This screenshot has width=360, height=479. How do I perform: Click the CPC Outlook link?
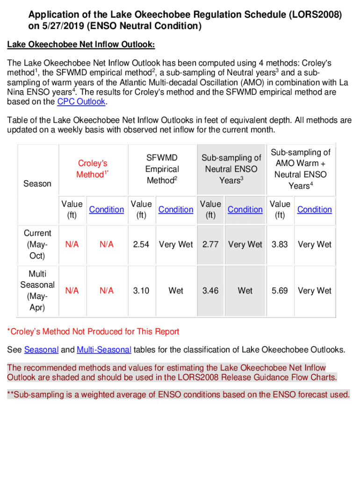coord(81,102)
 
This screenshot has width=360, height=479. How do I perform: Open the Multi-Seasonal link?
coord(105,350)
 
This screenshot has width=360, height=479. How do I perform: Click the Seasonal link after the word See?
coord(41,350)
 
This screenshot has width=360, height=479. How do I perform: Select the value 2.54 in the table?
coord(141,244)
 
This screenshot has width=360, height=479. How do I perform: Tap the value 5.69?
coord(280,290)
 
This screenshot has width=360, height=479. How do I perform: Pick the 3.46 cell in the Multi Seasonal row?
coord(210,290)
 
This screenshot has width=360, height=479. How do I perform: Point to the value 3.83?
coord(280,244)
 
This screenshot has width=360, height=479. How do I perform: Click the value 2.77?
coord(210,244)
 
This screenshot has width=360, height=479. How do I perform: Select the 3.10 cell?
coord(141,290)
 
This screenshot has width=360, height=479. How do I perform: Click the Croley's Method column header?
coord(93,169)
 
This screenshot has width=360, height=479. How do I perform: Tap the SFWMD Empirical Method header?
coord(162,169)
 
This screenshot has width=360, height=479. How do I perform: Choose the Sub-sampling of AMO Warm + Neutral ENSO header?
coord(301,169)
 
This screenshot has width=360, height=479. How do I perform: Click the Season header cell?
coord(37,183)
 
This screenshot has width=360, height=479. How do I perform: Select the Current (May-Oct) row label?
coord(37,244)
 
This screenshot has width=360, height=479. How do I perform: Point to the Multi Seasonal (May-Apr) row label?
coord(37,290)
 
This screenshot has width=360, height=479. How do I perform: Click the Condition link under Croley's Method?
coord(107,210)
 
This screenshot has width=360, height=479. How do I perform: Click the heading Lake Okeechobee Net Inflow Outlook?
coord(81,44)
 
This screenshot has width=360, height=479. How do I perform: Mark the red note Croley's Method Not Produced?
coord(93,332)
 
